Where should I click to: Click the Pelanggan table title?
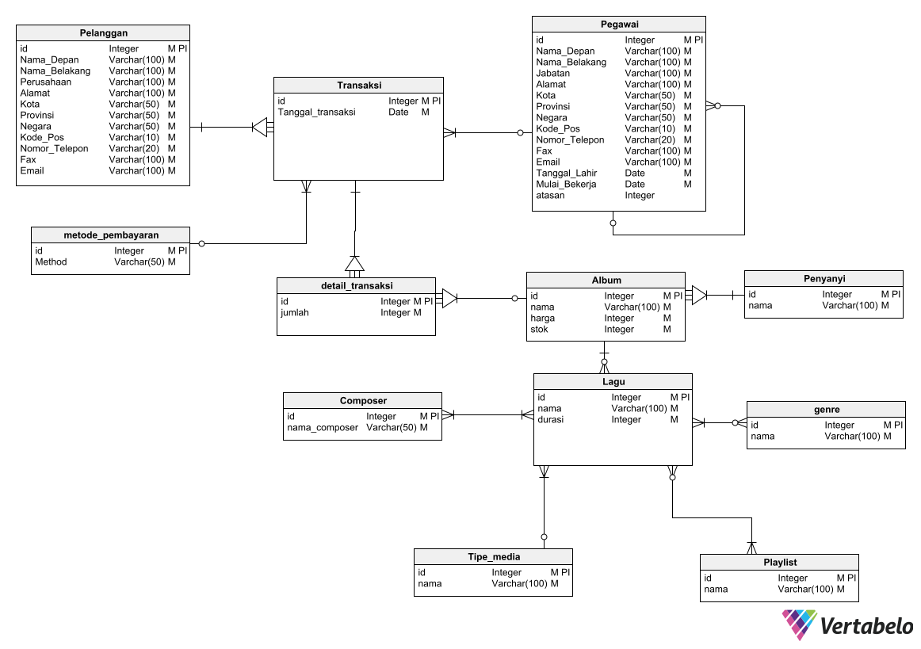[103, 32]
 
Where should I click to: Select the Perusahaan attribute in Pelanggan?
[46, 82]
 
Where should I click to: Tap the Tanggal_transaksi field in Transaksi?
[316, 113]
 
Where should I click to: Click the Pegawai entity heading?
[618, 25]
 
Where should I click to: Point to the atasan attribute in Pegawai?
[550, 196]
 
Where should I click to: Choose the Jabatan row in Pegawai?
[552, 74]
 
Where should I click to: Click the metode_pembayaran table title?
[111, 235]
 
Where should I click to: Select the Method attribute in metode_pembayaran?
[51, 262]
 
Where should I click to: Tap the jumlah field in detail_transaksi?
[295, 313]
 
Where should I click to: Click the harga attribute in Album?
[542, 319]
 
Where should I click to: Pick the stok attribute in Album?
[539, 330]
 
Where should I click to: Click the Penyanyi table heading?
[824, 279]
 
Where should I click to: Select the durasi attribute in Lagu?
[550, 420]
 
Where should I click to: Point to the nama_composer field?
[322, 428]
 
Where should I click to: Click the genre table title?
[827, 410]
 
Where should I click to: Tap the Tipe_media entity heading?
[494, 557]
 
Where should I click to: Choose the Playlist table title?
[780, 563]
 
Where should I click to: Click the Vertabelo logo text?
[866, 627]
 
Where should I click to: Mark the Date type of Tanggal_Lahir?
[635, 174]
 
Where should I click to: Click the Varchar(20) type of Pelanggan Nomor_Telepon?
[134, 148]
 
